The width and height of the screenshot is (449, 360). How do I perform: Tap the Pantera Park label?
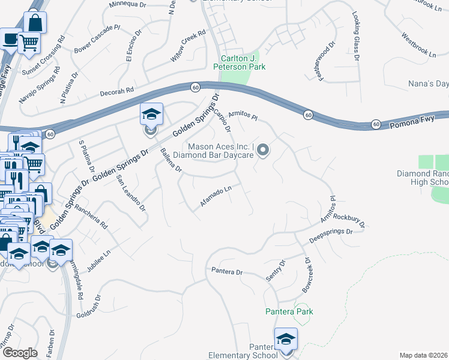(290, 311)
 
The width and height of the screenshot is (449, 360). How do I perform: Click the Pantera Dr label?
(226, 271)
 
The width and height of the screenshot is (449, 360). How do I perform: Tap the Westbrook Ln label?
(419, 49)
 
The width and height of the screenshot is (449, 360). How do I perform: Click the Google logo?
(19, 353)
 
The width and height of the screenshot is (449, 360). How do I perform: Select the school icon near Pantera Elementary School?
(286, 340)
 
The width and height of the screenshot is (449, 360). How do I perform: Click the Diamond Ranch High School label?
(431, 178)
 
